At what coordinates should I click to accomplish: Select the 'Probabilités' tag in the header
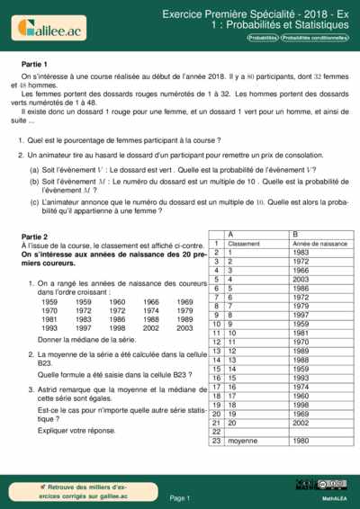click(263, 39)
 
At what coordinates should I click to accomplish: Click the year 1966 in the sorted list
click(151, 302)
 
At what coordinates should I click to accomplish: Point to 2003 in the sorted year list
click(184, 328)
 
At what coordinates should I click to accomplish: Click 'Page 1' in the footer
click(180, 497)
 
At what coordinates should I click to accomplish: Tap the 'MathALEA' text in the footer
click(336, 497)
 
